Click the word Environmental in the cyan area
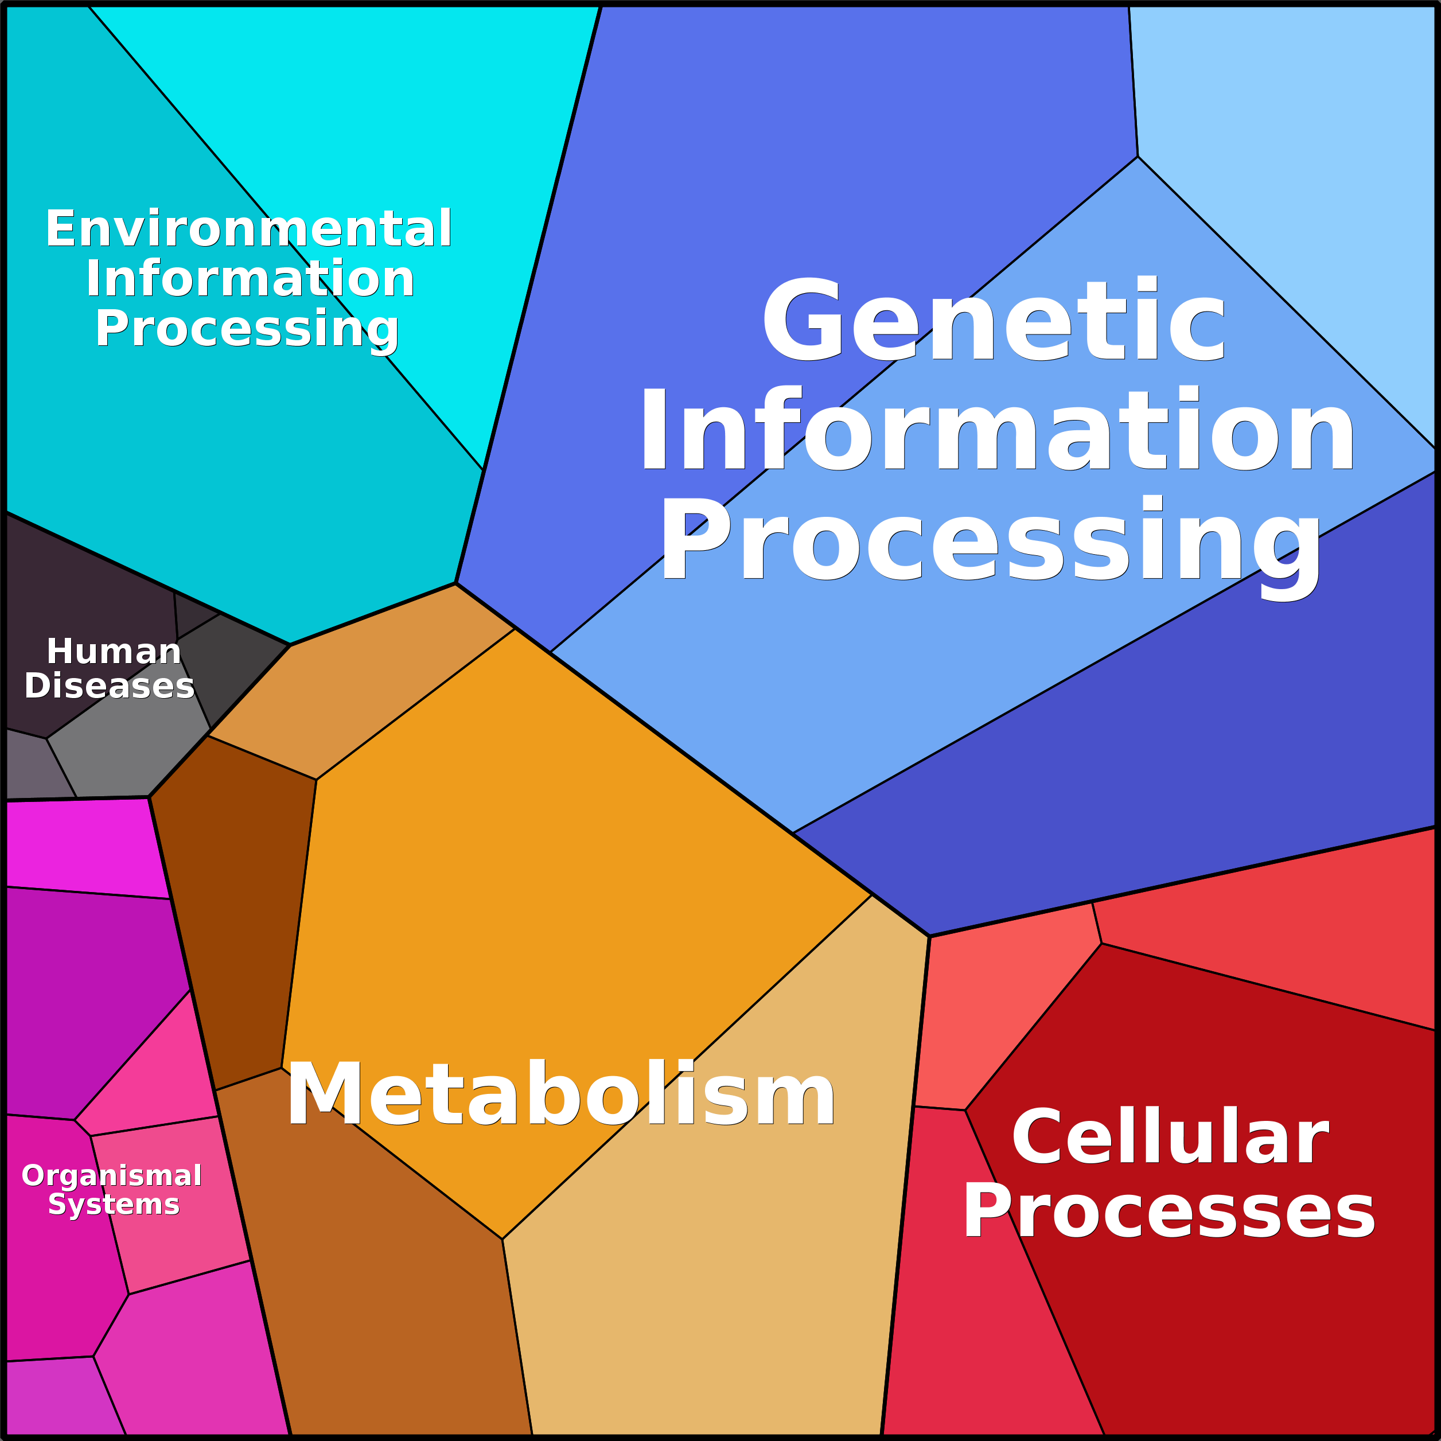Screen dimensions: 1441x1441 248,228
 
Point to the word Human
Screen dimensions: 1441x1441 114,652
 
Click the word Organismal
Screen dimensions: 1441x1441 111,1175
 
